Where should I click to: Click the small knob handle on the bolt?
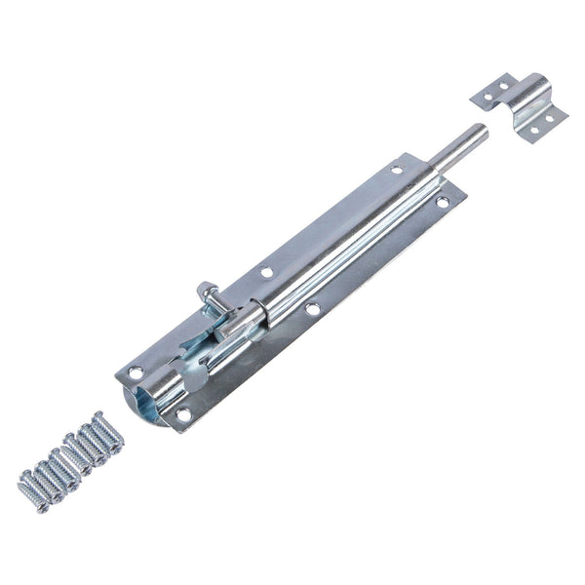(208, 292)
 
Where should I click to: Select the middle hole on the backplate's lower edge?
(313, 309)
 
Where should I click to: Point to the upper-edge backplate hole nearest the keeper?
(397, 170)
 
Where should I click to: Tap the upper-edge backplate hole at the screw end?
(136, 371)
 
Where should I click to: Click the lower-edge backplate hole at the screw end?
(182, 414)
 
